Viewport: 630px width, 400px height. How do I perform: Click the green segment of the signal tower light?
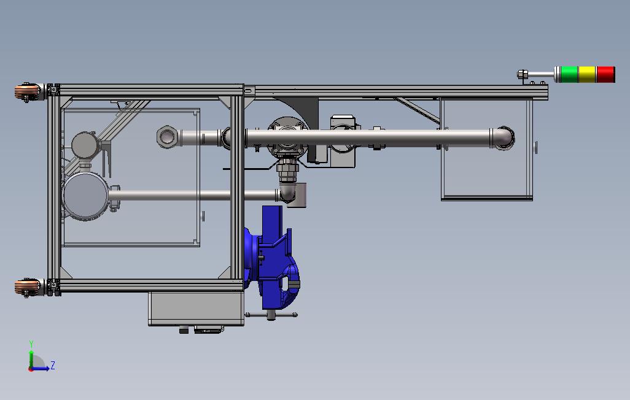click(x=569, y=74)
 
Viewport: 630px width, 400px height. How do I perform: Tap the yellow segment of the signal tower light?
click(x=587, y=74)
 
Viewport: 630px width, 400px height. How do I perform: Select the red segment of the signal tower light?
click(x=605, y=74)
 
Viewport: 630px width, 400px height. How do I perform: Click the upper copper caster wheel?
click(x=27, y=92)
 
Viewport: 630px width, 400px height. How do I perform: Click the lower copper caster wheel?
click(x=27, y=287)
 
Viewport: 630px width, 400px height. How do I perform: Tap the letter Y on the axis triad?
click(x=31, y=344)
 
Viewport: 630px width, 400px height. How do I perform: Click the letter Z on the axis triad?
click(x=53, y=366)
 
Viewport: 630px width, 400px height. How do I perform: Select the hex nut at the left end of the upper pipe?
click(x=166, y=137)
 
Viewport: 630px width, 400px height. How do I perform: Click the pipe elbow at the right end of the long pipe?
click(x=503, y=138)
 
